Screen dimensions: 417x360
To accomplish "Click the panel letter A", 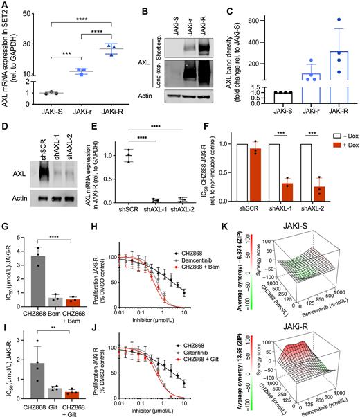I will point(5,6).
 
